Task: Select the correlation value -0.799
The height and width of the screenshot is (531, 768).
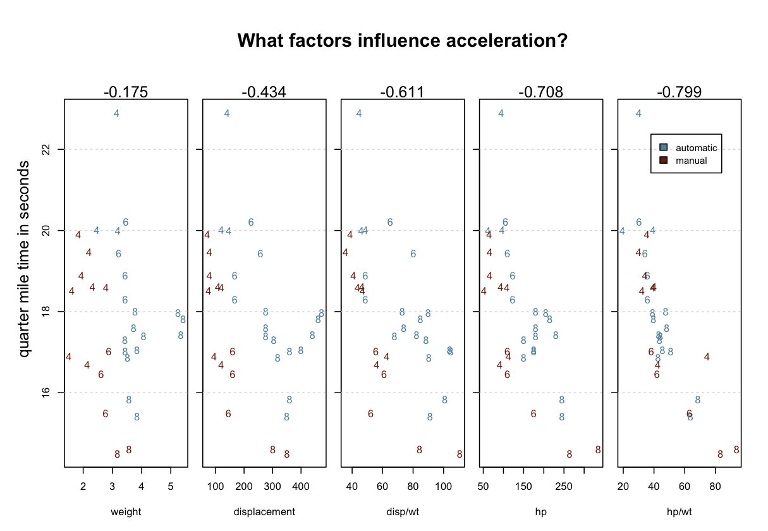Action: point(679,92)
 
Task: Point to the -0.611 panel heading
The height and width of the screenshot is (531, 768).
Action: point(402,92)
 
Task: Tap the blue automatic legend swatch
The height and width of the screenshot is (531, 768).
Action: point(663,147)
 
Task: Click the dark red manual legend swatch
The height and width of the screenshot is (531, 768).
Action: point(663,161)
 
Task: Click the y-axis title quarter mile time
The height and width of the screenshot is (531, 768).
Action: point(24,259)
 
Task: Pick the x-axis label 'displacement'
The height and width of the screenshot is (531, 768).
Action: point(264,511)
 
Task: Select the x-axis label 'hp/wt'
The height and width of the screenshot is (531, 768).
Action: point(679,511)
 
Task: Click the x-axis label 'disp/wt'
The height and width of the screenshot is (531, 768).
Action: point(402,511)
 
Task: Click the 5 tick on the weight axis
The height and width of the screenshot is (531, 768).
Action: point(171,485)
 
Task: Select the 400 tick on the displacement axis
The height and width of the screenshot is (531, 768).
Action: point(301,485)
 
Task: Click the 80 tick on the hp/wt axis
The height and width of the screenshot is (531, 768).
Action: point(715,485)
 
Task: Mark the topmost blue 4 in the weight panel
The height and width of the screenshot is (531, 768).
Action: point(116,113)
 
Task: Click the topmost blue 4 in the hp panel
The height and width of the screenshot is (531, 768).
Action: point(501,113)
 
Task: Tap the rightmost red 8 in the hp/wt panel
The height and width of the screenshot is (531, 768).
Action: point(736,449)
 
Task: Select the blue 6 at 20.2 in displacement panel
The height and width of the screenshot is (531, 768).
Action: point(251,222)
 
